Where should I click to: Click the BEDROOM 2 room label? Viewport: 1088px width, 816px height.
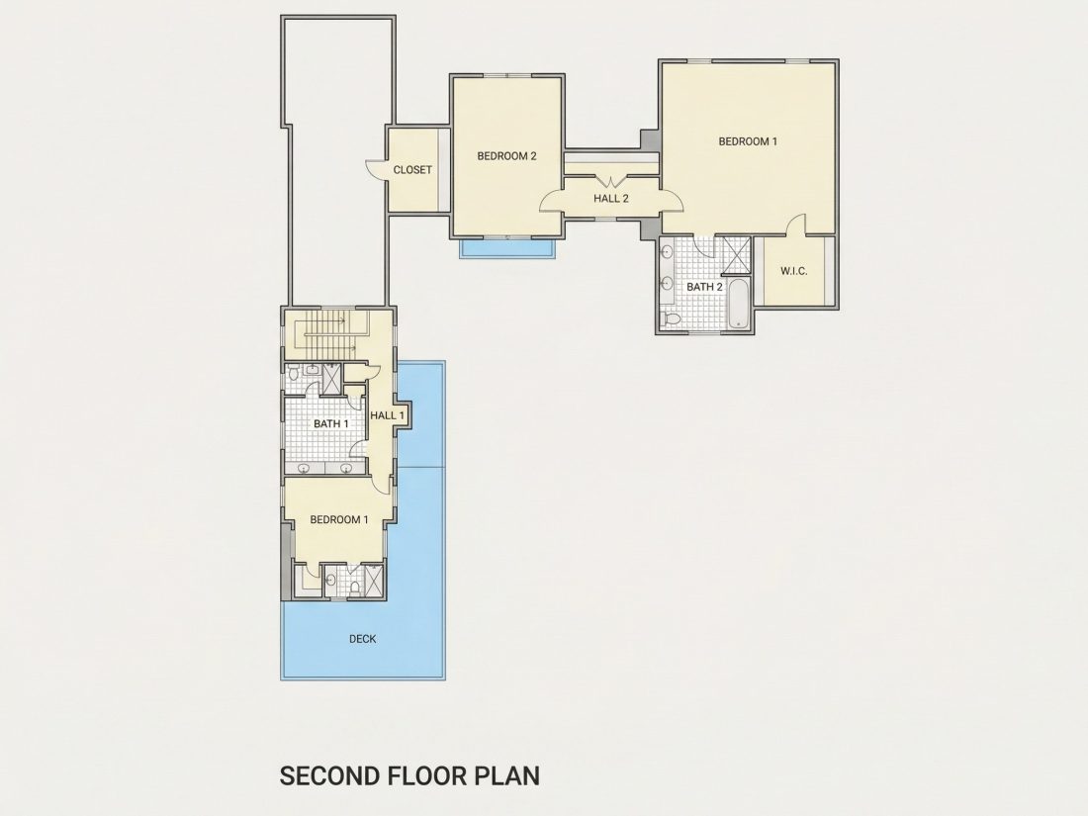(506, 156)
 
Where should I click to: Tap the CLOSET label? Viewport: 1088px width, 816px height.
(412, 169)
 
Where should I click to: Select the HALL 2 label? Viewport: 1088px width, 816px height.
(610, 199)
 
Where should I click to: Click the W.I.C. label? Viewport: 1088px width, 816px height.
(793, 271)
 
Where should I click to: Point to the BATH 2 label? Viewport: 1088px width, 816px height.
(704, 287)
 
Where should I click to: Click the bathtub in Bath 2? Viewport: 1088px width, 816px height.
(738, 303)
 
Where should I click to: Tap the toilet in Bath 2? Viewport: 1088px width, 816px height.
(671, 318)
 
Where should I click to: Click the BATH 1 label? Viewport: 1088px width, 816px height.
(331, 423)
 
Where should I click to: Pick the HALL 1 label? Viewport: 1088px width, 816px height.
(387, 415)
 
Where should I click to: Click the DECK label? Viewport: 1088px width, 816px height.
(362, 638)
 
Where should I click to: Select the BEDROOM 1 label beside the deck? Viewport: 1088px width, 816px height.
(338, 519)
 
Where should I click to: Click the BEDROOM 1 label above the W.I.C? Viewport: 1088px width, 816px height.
(748, 141)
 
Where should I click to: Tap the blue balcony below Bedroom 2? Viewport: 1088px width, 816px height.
(508, 248)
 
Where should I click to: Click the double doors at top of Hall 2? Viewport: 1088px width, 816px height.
(610, 183)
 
